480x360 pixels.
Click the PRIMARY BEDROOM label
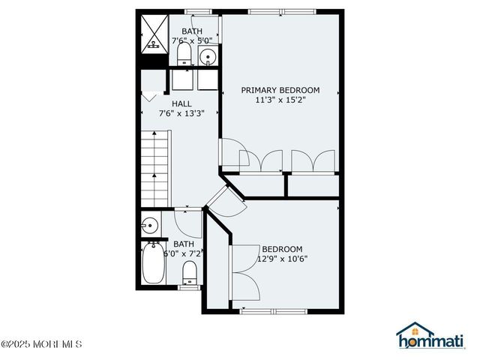(280, 90)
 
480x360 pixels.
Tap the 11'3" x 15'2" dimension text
(280, 100)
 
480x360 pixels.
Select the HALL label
(181, 103)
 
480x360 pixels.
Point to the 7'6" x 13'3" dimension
(181, 113)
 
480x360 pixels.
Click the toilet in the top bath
(184, 54)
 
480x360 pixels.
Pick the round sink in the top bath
(208, 56)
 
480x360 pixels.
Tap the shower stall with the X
(154, 34)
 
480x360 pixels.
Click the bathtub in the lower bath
(153, 262)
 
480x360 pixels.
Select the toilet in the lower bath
(189, 273)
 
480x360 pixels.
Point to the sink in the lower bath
(151, 226)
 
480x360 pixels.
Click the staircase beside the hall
(154, 168)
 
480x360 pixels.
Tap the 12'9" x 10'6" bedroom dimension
(282, 259)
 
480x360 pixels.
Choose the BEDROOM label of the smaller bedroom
(282, 249)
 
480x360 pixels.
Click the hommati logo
(430, 335)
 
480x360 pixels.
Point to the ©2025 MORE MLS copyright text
(41, 343)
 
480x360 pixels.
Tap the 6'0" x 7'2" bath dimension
(184, 253)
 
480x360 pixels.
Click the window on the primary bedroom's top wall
(282, 12)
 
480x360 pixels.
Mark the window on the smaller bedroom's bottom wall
(273, 312)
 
